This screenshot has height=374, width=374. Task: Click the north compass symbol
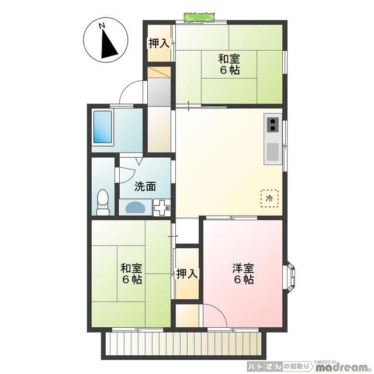click(x=104, y=41)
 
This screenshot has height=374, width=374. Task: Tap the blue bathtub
click(x=106, y=127)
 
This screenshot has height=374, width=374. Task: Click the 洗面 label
click(x=145, y=186)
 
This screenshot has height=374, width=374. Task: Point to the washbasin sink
click(x=136, y=207)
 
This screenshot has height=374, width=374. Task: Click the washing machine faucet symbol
click(x=162, y=206)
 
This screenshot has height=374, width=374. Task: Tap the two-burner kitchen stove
click(x=273, y=124)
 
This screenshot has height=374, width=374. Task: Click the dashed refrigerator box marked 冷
click(x=269, y=198)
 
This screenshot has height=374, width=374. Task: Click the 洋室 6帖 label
click(x=243, y=273)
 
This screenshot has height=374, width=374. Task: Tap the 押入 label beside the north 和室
click(x=158, y=43)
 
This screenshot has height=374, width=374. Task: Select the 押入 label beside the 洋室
click(x=187, y=273)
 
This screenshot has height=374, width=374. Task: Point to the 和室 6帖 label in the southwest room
click(x=131, y=273)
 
